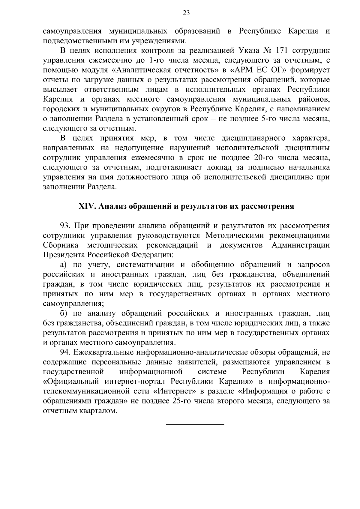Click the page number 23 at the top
point(186,13)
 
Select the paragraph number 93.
point(65,226)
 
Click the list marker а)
point(63,265)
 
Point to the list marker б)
point(63,314)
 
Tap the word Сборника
point(61,245)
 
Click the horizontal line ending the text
point(195,424)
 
